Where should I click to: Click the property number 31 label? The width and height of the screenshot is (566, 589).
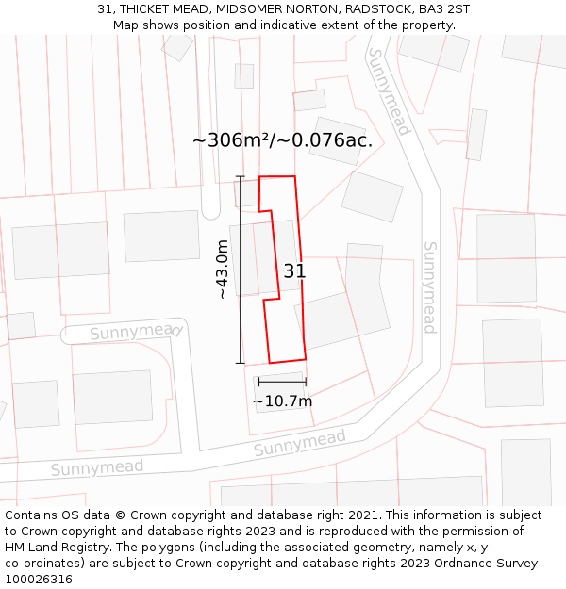click(x=294, y=271)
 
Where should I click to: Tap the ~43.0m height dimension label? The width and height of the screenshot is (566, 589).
click(x=223, y=270)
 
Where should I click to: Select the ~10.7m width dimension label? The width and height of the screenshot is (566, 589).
click(x=282, y=401)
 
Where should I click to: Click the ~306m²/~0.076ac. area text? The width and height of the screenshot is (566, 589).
click(x=282, y=140)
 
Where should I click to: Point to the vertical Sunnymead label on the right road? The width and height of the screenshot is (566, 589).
click(x=429, y=287)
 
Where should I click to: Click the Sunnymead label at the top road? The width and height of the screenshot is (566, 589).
click(x=389, y=91)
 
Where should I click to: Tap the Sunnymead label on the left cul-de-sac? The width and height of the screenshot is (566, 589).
click(x=135, y=332)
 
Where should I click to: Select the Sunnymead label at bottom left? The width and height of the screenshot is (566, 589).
click(x=97, y=467)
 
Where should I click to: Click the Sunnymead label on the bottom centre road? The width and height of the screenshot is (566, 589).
click(x=299, y=443)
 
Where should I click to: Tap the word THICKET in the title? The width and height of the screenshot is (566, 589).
click(x=151, y=9)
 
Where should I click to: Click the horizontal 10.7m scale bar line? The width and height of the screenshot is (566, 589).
click(x=282, y=382)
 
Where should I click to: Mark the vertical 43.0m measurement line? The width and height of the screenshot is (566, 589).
click(x=240, y=270)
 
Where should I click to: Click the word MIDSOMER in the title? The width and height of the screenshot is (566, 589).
click(x=246, y=9)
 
